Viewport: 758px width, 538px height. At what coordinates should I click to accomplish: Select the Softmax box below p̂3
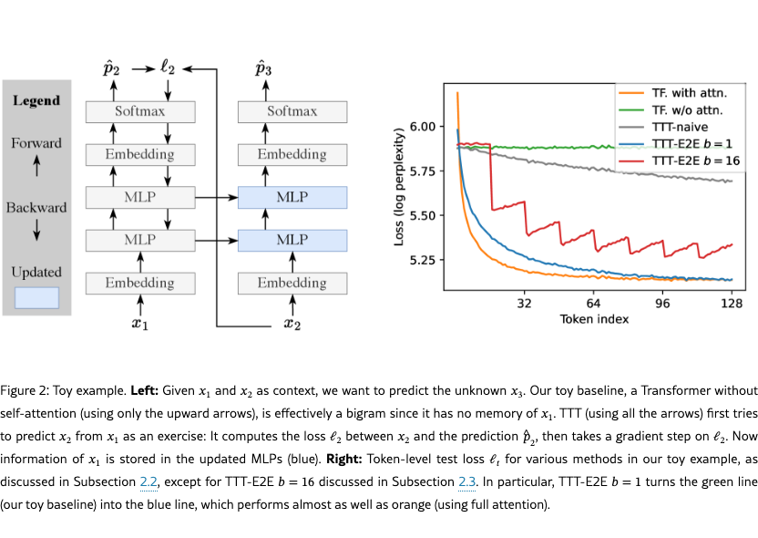[x=292, y=111]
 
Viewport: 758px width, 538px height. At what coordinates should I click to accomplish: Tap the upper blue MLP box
[x=292, y=197]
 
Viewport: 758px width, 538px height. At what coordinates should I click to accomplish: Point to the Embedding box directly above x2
[x=292, y=283]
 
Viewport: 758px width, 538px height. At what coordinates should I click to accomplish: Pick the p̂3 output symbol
[x=264, y=68]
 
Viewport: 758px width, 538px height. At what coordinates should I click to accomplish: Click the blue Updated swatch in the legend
[x=36, y=297]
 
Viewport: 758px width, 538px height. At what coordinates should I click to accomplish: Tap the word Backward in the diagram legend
[x=36, y=208]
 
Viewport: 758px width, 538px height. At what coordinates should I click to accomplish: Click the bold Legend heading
[x=36, y=100]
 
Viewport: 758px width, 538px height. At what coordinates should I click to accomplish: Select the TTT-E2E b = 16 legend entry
[x=697, y=160]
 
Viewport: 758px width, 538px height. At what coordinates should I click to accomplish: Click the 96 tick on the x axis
[x=662, y=303]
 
